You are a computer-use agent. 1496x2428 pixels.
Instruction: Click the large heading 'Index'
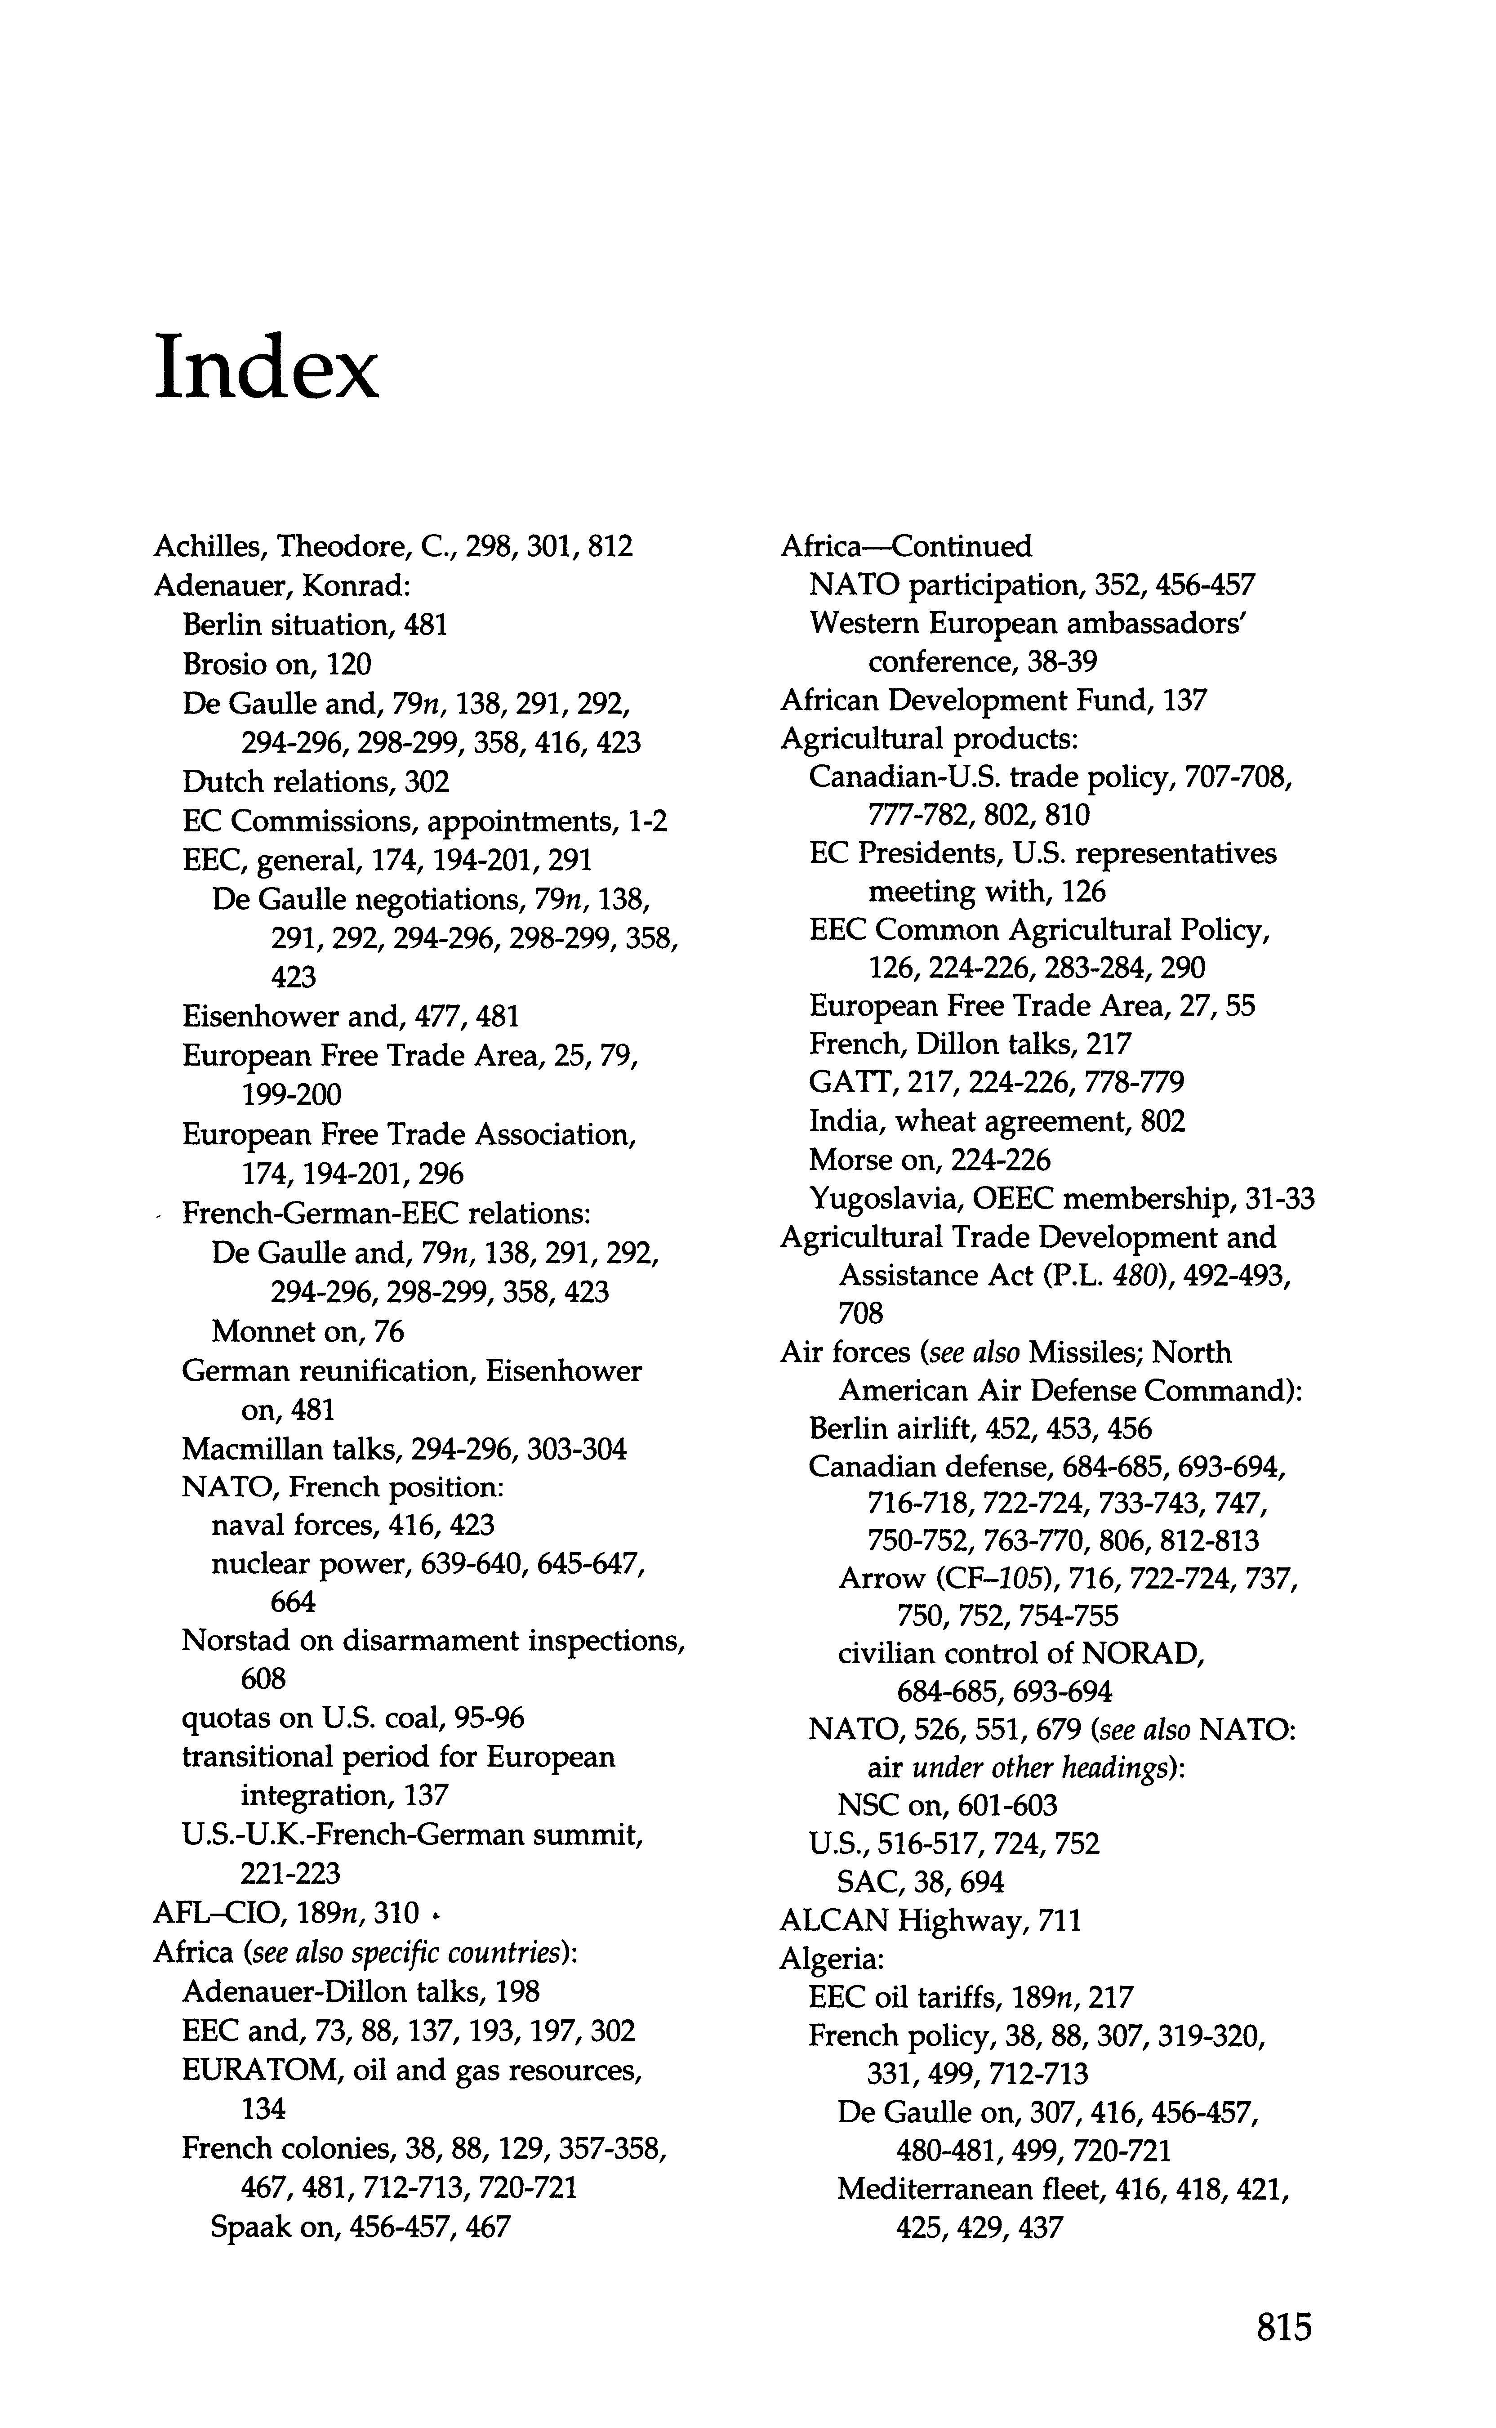(x=266, y=367)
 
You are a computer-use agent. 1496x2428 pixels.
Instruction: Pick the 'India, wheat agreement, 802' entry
(x=996, y=1121)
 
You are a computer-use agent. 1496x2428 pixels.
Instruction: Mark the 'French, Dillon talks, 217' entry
(x=970, y=1044)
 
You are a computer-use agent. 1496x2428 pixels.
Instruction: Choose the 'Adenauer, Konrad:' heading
(x=281, y=586)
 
